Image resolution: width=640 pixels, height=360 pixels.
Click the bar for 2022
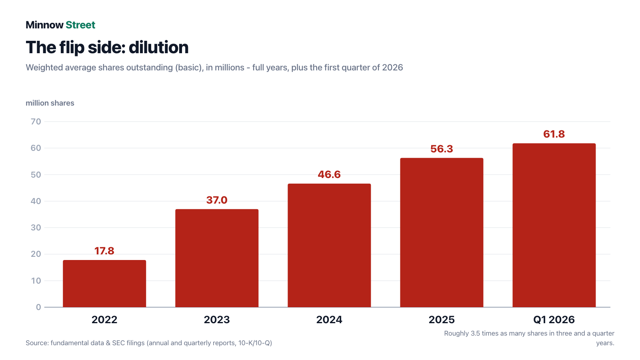pyautogui.click(x=104, y=284)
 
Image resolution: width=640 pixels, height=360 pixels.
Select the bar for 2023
pyautogui.click(x=217, y=258)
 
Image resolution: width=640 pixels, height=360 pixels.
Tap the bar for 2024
pyautogui.click(x=329, y=246)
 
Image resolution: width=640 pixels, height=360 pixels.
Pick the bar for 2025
pyautogui.click(x=442, y=232)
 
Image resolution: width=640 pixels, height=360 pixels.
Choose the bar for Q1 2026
pyautogui.click(x=554, y=225)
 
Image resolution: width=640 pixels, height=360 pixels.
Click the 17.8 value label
pyautogui.click(x=104, y=251)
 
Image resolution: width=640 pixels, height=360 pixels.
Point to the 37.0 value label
pyautogui.click(x=217, y=200)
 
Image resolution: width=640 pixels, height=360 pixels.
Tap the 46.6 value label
pyautogui.click(x=329, y=174)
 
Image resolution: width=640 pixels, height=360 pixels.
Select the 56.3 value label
pyautogui.click(x=442, y=149)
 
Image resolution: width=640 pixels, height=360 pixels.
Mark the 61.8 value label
pyautogui.click(x=554, y=134)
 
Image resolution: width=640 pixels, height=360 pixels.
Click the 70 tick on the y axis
pyautogui.click(x=36, y=122)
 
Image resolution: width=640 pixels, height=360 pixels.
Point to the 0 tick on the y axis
pyautogui.click(x=38, y=307)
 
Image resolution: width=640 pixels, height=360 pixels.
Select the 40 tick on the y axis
pyautogui.click(x=36, y=201)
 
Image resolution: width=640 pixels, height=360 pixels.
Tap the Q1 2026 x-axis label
pyautogui.click(x=554, y=320)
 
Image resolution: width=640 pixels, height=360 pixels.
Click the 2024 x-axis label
pyautogui.click(x=329, y=320)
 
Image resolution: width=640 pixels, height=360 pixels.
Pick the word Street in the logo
pyautogui.click(x=80, y=25)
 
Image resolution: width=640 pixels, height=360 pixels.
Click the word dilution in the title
pyautogui.click(x=158, y=47)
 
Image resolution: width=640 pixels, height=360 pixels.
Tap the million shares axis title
pyautogui.click(x=50, y=103)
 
